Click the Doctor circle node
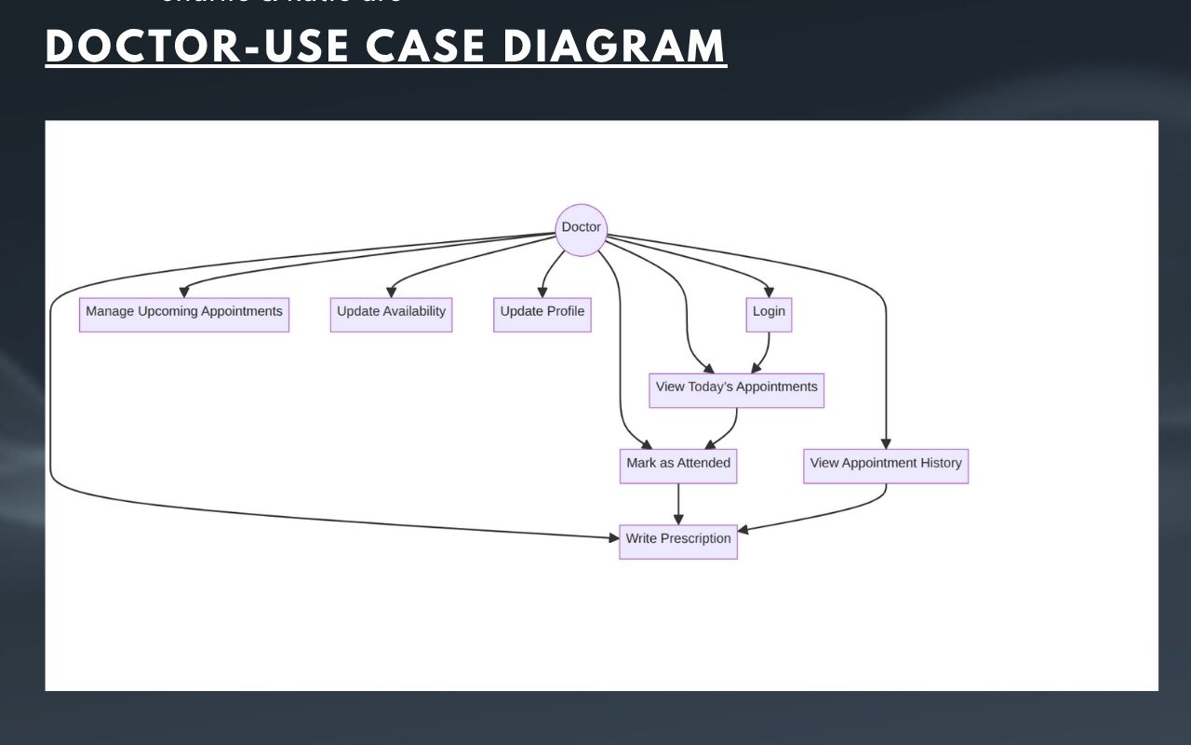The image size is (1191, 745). [581, 229]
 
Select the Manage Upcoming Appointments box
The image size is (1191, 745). [184, 315]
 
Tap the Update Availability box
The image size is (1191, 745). [391, 315]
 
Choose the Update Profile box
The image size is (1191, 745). [542, 315]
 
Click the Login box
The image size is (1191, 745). [769, 315]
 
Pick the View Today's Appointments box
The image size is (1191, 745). [736, 390]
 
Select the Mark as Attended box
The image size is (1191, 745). [678, 466]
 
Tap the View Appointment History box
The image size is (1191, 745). [886, 466]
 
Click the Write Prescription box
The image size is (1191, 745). [678, 541]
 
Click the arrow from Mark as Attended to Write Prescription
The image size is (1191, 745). [678, 503]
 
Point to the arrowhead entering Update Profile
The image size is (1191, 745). [542, 292]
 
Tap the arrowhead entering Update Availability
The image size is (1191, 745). [391, 292]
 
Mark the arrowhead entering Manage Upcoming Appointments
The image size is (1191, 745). [184, 292]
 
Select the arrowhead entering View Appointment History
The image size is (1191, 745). [886, 443]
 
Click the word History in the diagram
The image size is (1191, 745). [941, 464]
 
